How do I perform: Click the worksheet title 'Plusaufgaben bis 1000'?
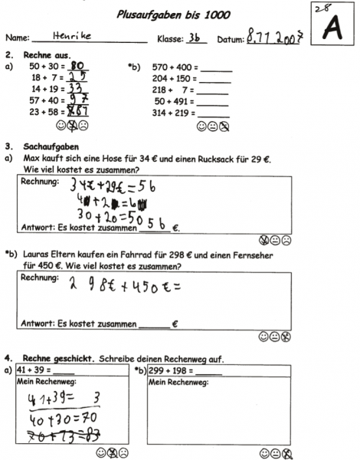point(173,14)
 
